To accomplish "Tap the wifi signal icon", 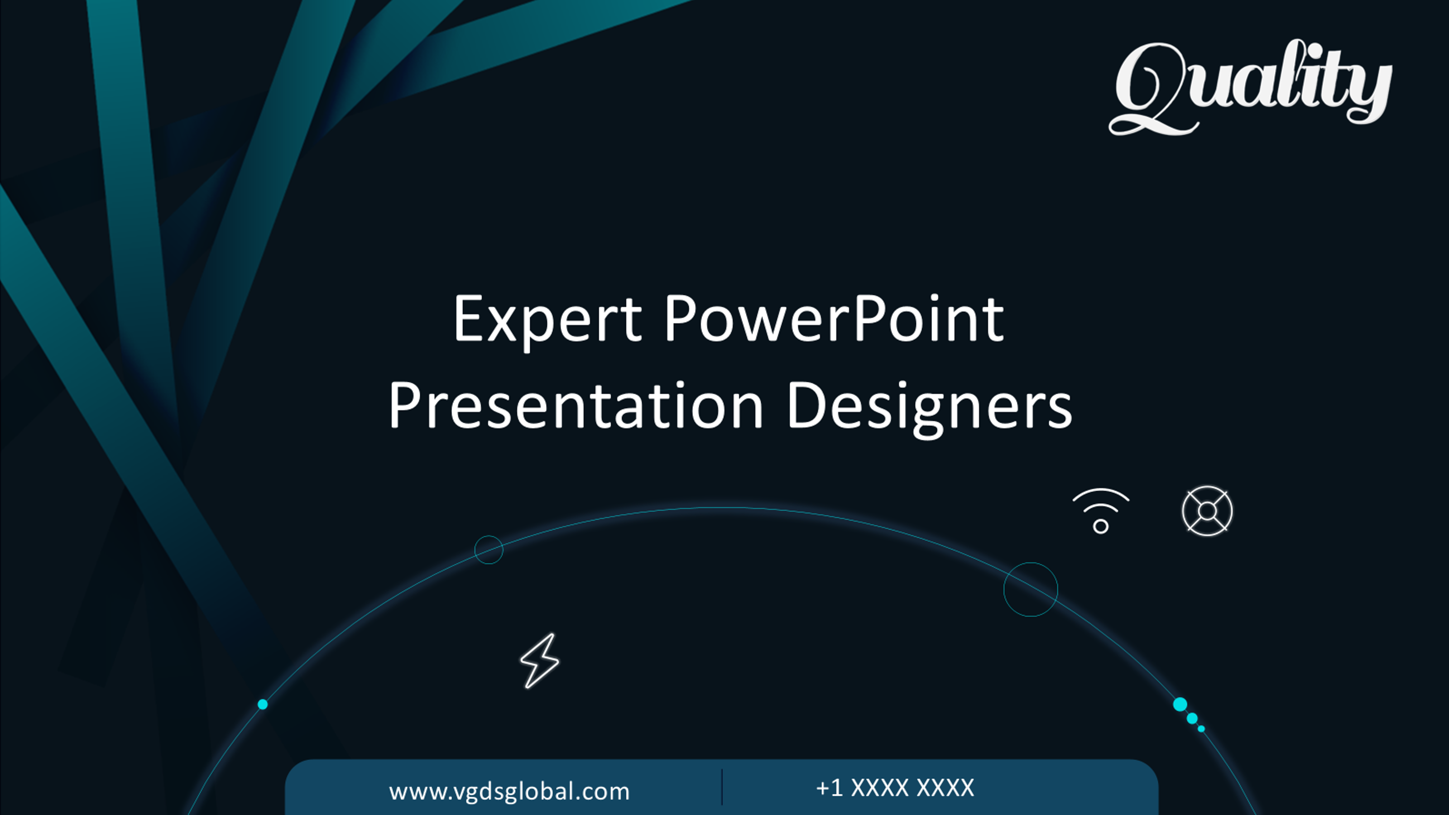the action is click(1101, 511).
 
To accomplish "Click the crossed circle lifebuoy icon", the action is click(1207, 511).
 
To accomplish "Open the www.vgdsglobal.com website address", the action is click(509, 791).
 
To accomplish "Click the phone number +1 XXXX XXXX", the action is click(895, 787).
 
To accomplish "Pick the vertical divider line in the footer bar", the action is click(722, 787).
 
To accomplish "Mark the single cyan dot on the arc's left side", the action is click(263, 704).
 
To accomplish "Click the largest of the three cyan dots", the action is click(1180, 704).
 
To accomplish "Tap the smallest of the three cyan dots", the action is click(1201, 729).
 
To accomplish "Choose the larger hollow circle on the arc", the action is click(1031, 590).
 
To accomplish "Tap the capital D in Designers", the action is click(806, 405).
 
